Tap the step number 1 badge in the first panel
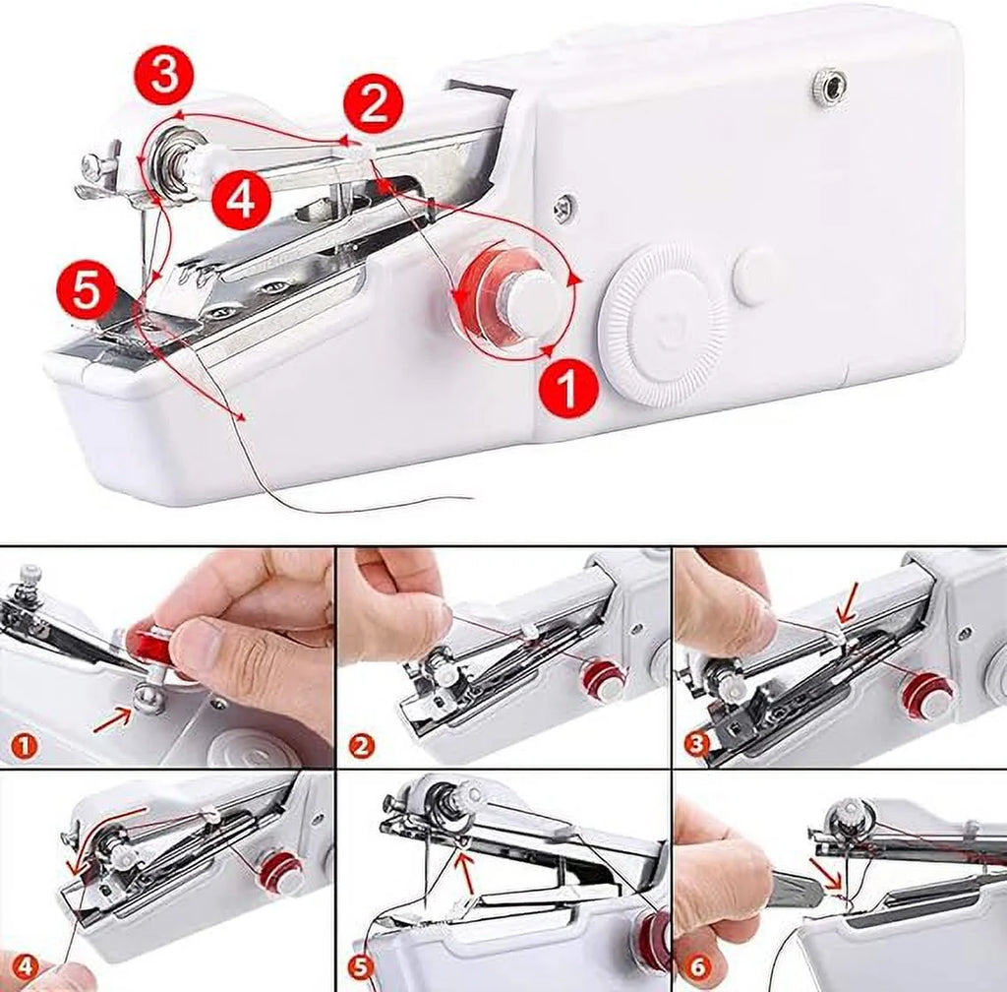pyautogui.click(x=24, y=745)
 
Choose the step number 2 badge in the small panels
pyautogui.click(x=361, y=745)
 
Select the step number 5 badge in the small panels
pyautogui.click(x=361, y=966)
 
